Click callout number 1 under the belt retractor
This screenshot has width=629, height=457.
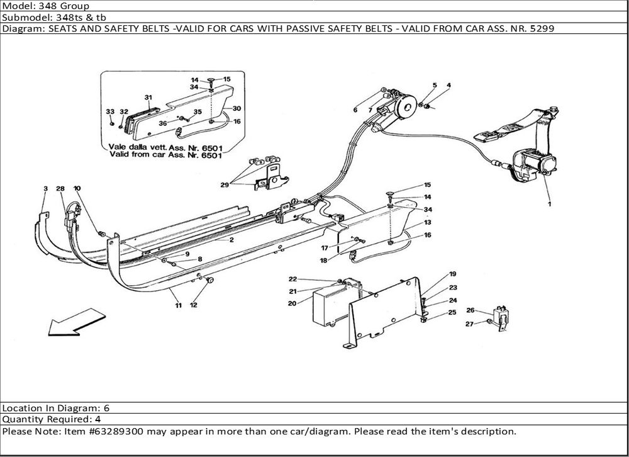tap(548, 204)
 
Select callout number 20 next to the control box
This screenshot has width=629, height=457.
tap(292, 303)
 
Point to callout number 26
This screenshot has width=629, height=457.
tap(470, 310)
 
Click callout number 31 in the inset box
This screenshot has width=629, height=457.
tap(148, 98)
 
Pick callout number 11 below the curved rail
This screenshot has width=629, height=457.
tap(179, 306)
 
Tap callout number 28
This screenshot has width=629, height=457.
tap(60, 189)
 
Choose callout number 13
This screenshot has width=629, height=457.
tap(427, 222)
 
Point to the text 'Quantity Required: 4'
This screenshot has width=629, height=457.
tap(52, 419)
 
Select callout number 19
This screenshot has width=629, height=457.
tap(452, 274)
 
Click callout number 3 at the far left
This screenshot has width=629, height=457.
tap(45, 189)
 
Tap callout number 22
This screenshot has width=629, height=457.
tap(292, 279)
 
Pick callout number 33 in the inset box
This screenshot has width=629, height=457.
tap(110, 111)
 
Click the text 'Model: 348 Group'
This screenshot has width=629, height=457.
tap(45, 6)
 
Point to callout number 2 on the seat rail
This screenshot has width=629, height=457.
tap(231, 240)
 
